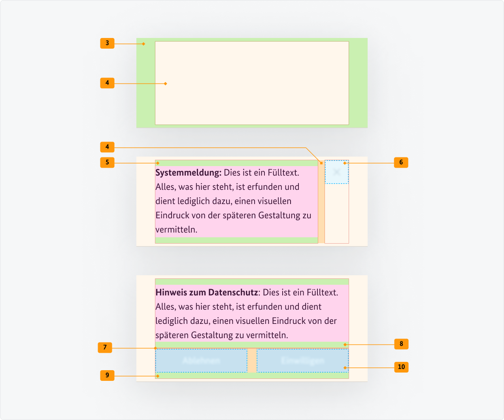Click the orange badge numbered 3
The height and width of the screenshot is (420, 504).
pos(107,43)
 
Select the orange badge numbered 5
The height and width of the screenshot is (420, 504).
pos(107,163)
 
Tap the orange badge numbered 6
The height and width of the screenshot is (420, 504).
pos(401,163)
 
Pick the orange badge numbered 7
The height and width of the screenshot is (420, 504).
pos(105,348)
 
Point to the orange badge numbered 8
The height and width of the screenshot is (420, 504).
pos(401,344)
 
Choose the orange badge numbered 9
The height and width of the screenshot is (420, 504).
pos(107,375)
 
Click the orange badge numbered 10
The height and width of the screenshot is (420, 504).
pos(401,367)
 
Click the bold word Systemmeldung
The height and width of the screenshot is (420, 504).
pos(188,173)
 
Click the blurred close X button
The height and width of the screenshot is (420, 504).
pos(337,172)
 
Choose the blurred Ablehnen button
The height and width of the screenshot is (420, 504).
pos(201,361)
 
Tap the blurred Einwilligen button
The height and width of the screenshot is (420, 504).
pos(303,361)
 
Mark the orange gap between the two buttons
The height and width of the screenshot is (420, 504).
pos(252,361)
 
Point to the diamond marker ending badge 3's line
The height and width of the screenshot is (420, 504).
pos(144,44)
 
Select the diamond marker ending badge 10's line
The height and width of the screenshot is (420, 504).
pos(345,368)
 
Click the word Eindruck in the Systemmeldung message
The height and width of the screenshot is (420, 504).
pos(172,216)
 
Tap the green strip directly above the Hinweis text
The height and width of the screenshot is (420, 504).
pos(252,282)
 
